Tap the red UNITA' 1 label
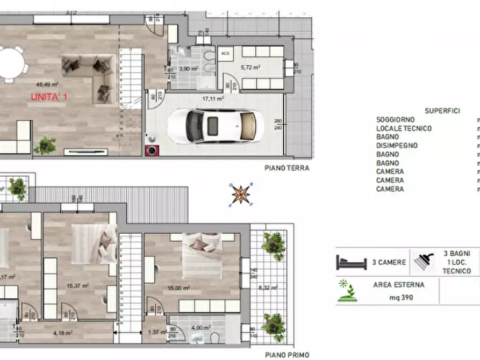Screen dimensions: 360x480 click(x=49, y=97)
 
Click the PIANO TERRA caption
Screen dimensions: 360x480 click(x=286, y=168)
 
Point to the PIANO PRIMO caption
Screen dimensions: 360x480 click(x=286, y=355)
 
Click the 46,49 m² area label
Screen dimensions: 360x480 click(x=47, y=84)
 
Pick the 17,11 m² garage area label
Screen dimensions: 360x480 click(x=213, y=99)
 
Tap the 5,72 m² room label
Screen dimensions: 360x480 click(x=250, y=68)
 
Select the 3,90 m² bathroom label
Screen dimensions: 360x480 click(x=189, y=69)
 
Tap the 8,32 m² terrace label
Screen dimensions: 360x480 click(x=267, y=288)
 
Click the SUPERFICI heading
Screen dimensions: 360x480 click(x=442, y=111)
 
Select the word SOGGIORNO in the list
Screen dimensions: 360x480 click(x=395, y=120)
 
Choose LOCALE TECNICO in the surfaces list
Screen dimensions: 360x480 click(x=404, y=128)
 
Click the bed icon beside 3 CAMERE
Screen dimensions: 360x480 click(x=351, y=263)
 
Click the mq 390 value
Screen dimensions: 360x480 click(x=398, y=297)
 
